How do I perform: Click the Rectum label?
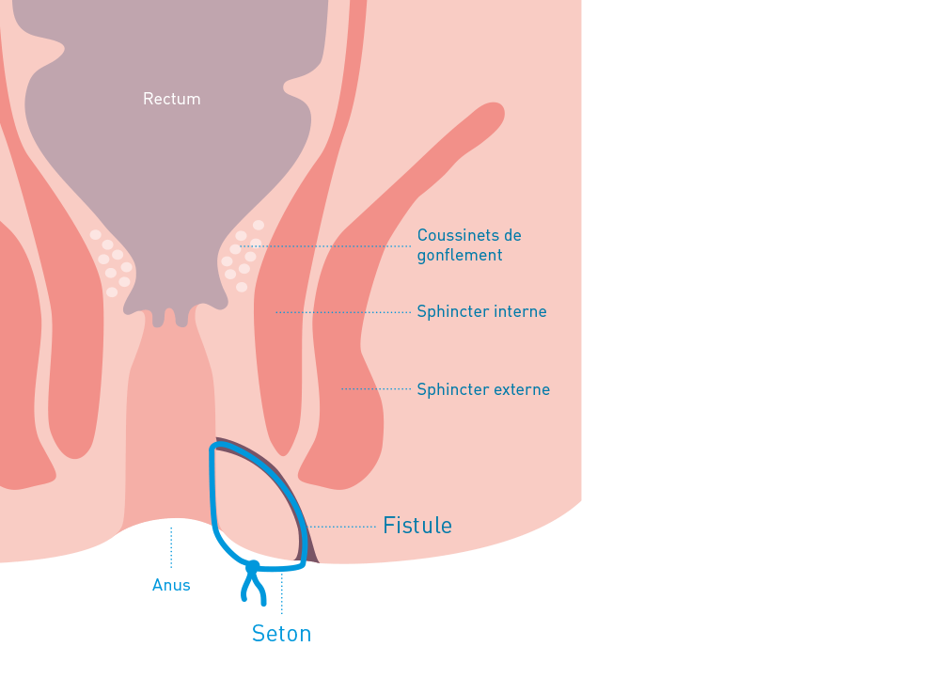[x=171, y=99]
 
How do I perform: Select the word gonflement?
[x=460, y=255]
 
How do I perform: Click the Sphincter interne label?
[x=481, y=311]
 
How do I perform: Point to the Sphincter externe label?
[x=483, y=389]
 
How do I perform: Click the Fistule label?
[x=417, y=526]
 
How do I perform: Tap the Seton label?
[x=281, y=634]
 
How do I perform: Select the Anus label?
[x=171, y=585]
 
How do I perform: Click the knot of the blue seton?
[x=253, y=566]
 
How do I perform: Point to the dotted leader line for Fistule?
[x=343, y=527]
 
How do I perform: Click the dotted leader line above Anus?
[x=171, y=547]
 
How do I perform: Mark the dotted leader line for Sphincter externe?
[x=376, y=388]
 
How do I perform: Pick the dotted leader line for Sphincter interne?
[x=343, y=311]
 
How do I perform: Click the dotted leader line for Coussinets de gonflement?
[x=329, y=246]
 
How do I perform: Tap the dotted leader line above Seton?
[x=282, y=592]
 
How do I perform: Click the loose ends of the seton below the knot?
[x=252, y=591]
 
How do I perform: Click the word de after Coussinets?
[x=511, y=235]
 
